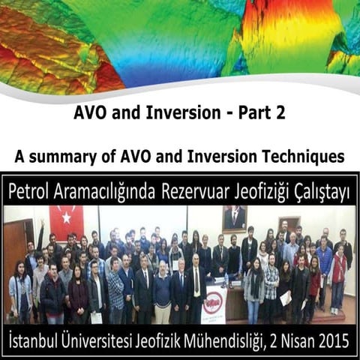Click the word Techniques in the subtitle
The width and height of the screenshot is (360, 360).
point(304,157)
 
